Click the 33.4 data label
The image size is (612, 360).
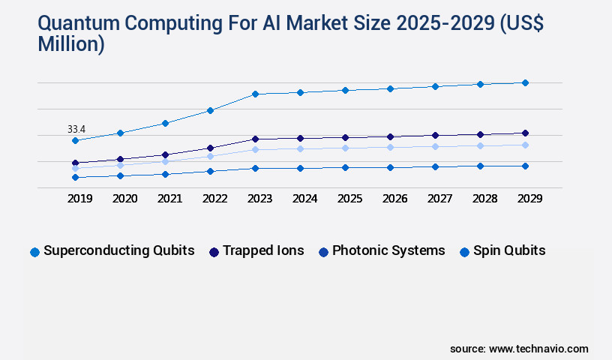click(76, 129)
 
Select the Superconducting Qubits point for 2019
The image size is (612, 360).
click(75, 140)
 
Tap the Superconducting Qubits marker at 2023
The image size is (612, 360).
click(255, 94)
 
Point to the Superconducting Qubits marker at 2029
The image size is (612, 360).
click(525, 82)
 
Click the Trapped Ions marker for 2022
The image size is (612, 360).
click(210, 148)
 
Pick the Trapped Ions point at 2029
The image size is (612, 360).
click(525, 133)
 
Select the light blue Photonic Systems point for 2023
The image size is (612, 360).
click(255, 149)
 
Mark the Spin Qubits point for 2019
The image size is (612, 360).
click(75, 177)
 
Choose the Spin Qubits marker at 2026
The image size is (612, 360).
click(390, 167)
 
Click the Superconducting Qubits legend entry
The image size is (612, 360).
click(112, 250)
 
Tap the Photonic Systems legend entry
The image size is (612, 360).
click(382, 250)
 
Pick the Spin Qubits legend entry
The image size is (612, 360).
click(502, 250)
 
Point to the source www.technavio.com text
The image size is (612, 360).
click(519, 349)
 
